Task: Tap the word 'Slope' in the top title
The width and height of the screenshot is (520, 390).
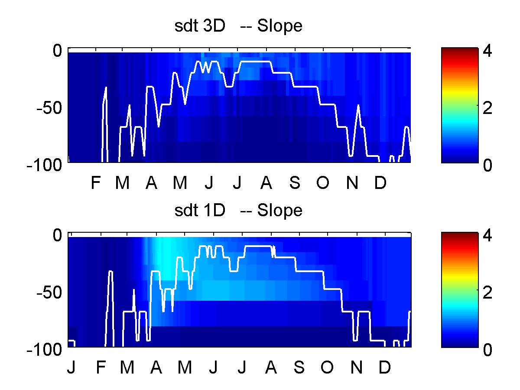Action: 279,26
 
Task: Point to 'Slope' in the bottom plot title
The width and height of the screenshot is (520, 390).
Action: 279,211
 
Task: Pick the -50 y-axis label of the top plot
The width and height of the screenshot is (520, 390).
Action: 49,108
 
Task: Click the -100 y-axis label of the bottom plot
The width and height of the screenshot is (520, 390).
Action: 44,350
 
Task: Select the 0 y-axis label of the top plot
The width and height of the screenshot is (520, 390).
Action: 57,51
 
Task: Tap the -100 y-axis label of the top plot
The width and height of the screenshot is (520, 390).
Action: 44,165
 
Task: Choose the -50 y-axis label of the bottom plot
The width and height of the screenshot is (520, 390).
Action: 49,293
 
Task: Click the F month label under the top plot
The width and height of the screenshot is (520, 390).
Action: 96,182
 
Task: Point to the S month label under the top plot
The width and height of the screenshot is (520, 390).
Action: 295,182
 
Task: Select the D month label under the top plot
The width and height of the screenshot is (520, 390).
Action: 380,182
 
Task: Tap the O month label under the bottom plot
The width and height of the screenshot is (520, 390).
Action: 327,367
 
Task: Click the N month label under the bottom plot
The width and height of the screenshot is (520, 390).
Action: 357,367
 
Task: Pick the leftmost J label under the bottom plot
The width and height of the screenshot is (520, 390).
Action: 71,367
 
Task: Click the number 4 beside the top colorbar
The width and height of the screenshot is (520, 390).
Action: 487,51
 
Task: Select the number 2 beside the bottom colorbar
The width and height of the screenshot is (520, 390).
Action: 487,293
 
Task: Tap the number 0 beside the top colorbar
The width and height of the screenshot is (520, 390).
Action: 487,165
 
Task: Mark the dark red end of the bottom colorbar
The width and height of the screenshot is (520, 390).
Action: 460,234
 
